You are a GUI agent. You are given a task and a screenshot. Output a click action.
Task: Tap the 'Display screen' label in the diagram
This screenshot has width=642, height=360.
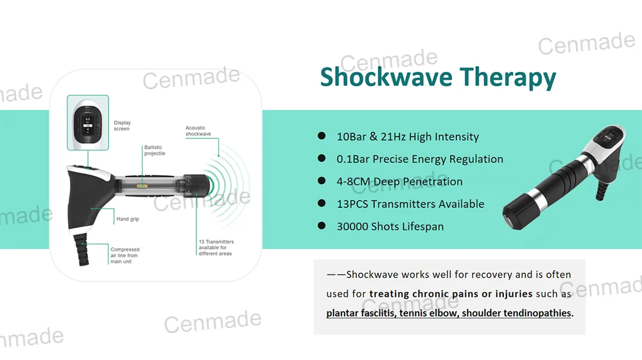(x=122, y=126)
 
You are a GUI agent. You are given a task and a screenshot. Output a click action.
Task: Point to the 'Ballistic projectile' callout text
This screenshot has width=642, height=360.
(x=154, y=151)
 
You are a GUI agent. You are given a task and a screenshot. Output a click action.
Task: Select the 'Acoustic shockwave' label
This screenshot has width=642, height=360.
(x=198, y=131)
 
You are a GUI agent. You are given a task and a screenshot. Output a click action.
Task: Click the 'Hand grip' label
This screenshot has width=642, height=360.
(x=128, y=219)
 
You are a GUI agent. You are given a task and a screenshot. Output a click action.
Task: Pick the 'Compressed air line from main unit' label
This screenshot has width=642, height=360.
(x=125, y=255)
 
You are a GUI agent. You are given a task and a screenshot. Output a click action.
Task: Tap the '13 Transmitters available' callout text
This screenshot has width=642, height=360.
(x=216, y=248)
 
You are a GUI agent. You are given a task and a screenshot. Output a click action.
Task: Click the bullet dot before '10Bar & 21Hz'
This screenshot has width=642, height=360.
(x=322, y=136)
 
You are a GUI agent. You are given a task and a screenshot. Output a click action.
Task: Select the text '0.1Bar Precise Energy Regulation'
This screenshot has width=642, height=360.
(x=420, y=159)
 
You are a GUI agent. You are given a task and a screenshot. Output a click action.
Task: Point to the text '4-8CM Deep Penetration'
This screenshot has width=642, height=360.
(x=399, y=182)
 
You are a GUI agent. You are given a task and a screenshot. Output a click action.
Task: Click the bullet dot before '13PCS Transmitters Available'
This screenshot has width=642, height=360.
(x=322, y=204)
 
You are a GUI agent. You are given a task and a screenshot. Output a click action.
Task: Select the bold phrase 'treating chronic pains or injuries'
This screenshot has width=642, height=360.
(x=451, y=294)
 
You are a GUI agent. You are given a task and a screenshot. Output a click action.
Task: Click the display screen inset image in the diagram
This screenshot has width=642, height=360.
(x=88, y=122)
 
